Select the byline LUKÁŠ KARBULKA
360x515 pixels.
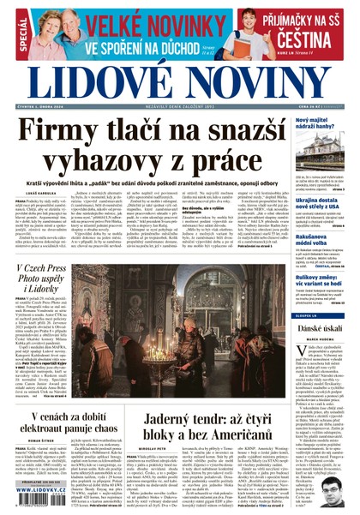[x=32, y=195]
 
